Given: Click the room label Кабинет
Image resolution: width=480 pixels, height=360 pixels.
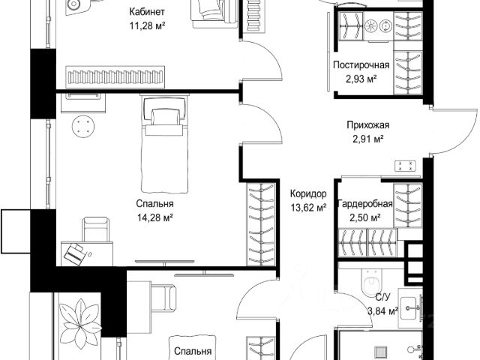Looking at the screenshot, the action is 147,12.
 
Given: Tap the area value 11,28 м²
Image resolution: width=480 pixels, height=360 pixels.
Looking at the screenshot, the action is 147,25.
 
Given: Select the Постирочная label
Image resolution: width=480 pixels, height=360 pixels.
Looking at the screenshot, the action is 361,65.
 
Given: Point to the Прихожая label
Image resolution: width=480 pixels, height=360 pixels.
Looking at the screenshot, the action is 368,125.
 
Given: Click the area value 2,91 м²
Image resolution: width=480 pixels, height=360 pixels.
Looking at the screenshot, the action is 368,139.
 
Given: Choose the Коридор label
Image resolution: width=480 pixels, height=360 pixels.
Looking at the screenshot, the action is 308,193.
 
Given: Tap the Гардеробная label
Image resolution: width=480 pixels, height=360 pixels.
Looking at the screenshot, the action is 365,204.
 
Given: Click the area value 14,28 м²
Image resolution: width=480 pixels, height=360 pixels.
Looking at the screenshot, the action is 155,217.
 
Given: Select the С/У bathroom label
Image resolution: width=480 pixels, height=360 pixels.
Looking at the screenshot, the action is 382,297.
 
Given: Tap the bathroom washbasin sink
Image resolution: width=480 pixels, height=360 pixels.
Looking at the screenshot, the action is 408,308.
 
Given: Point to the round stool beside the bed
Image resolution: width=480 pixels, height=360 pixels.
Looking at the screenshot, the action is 83,126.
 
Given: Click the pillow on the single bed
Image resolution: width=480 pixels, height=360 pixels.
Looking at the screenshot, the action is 165,117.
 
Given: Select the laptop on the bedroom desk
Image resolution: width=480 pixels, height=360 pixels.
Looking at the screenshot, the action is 74,253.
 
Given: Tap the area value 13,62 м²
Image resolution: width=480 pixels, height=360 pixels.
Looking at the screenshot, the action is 308,208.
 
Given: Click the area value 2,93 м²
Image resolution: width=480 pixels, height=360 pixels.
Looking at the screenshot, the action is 361,79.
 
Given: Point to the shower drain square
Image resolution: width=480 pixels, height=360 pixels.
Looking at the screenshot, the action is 382,351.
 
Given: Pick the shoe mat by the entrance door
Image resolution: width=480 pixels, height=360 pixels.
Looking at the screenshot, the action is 405,166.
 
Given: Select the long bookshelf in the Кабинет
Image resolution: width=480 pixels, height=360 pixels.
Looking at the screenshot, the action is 115,77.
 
